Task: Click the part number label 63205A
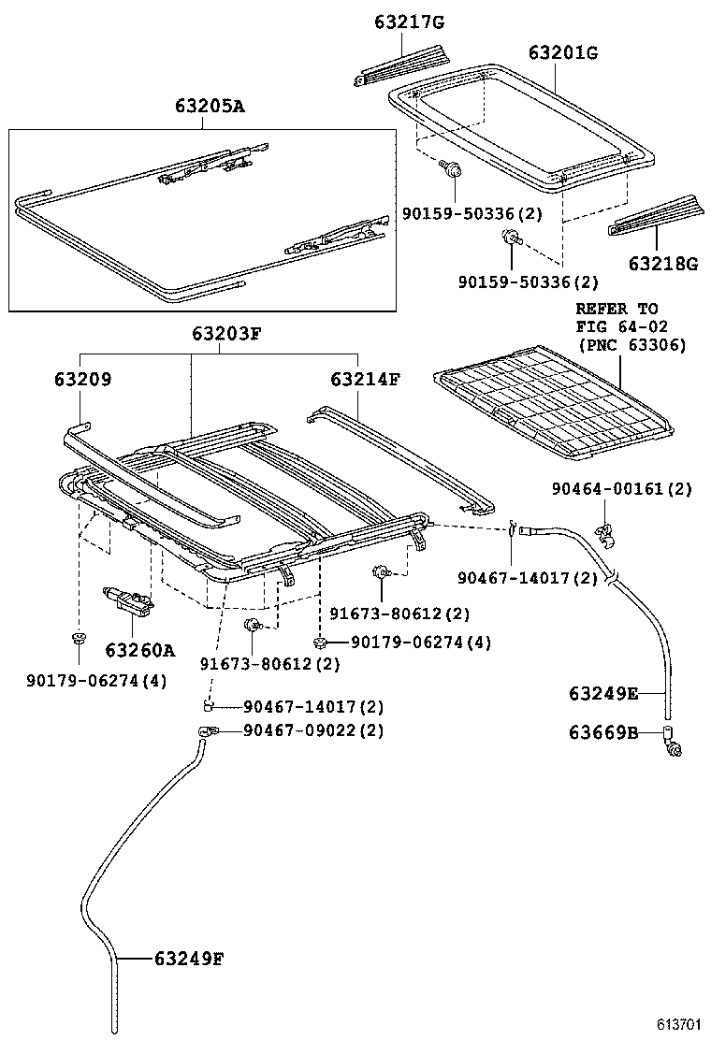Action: pyautogui.click(x=209, y=107)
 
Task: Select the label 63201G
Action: pyautogui.click(x=562, y=52)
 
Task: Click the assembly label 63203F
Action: pyautogui.click(x=227, y=333)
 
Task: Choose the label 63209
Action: pyautogui.click(x=82, y=380)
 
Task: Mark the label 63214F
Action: pyautogui.click(x=365, y=380)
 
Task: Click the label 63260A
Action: pyautogui.click(x=140, y=648)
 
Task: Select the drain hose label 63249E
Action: pyautogui.click(x=603, y=693)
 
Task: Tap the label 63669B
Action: pyautogui.click(x=603, y=733)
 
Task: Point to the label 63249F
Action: pyautogui.click(x=189, y=958)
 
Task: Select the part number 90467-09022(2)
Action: pyautogui.click(x=313, y=730)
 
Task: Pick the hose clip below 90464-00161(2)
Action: pyautogui.click(x=604, y=534)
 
